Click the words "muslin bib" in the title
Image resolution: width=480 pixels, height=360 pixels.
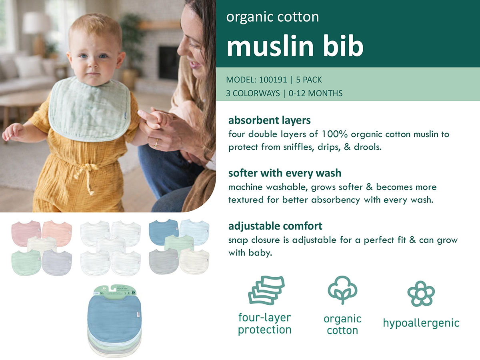[295, 46]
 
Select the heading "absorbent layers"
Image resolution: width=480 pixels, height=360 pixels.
[269, 120]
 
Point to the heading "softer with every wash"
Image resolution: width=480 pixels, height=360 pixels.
[285, 173]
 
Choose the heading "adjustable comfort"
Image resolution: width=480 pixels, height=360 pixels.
[275, 226]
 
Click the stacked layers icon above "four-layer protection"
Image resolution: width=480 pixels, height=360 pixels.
[266, 290]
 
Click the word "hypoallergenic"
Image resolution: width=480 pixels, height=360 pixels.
[421, 323]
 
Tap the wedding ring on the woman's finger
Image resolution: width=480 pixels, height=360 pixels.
[156, 143]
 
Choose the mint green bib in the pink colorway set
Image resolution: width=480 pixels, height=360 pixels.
[26, 262]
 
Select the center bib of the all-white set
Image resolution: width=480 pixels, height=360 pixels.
[110, 245]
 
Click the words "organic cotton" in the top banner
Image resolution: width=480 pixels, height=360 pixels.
[272, 17]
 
